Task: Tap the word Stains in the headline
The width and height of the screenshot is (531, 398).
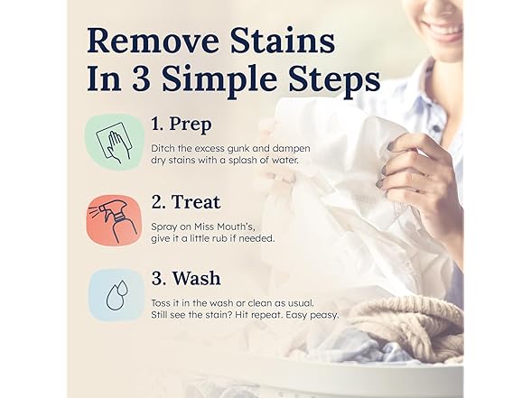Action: point(284,41)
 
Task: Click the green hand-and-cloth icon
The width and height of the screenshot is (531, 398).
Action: point(114,142)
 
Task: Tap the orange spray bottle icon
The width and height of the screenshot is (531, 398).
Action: point(114,219)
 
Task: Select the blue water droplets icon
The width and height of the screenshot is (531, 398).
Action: point(116,295)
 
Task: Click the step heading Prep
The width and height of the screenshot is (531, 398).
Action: point(191,125)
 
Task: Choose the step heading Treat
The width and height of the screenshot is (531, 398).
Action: point(197,202)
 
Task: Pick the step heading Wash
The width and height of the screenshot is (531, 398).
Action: point(197,279)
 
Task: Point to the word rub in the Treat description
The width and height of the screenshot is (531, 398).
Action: point(220,238)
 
